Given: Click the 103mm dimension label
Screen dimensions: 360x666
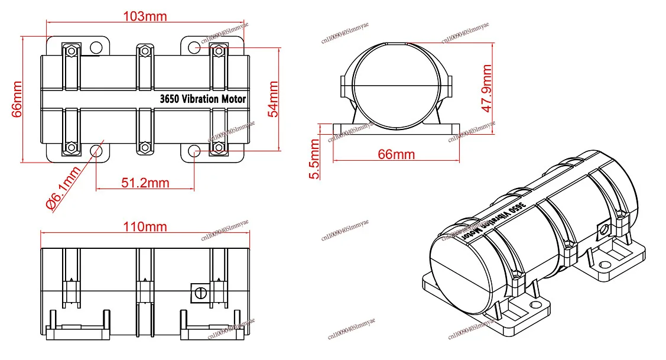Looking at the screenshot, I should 145,16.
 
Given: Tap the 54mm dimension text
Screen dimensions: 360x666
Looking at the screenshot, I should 274,99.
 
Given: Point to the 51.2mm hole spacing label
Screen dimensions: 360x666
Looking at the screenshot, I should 145,183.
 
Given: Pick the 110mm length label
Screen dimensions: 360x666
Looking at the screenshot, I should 145,226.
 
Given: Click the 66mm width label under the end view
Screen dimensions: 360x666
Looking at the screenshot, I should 396,155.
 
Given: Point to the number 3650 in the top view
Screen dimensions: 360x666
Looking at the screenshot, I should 170,99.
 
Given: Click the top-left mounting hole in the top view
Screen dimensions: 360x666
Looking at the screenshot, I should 95,47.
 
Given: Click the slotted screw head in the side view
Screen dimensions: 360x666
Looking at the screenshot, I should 199,291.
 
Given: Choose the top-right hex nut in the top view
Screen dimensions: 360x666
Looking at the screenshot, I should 219,51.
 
